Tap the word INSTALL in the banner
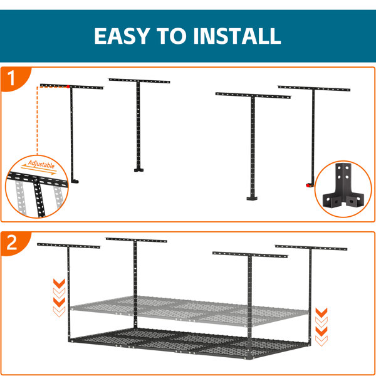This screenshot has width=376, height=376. [x=237, y=36]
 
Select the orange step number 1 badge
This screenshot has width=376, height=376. [x=13, y=78]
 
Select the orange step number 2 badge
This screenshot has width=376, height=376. [x=13, y=243]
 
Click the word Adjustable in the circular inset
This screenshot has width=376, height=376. [x=41, y=164]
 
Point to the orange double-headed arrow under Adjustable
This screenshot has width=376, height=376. [x=38, y=169]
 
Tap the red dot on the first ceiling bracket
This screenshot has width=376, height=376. [x=68, y=86]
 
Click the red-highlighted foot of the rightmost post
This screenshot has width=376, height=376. [x=310, y=185]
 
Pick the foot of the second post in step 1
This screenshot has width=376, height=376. [x=139, y=170]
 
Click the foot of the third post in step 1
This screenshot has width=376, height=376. [x=252, y=198]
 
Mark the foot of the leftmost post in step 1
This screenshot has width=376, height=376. [x=75, y=181]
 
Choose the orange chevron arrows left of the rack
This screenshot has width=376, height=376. [x=59, y=298]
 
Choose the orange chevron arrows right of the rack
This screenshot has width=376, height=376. [x=321, y=327]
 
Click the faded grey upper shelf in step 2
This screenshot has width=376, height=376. [x=189, y=310]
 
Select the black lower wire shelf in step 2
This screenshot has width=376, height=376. [x=189, y=342]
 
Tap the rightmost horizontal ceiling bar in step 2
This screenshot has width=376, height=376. [x=311, y=248]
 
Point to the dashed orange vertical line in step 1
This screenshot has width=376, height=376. [x=37, y=120]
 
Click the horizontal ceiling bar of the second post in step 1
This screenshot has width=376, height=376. [x=139, y=81]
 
